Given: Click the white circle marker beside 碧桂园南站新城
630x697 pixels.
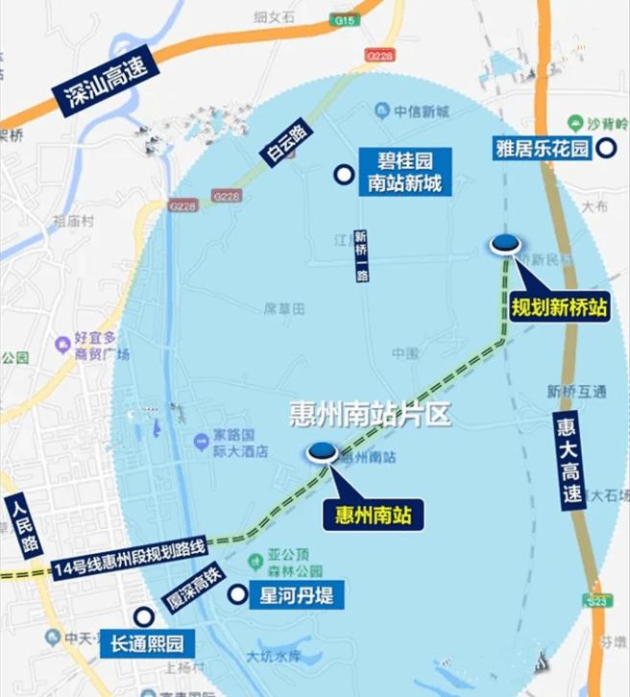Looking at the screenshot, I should click(x=341, y=174).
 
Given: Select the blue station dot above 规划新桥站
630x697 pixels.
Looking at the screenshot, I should click(x=506, y=244).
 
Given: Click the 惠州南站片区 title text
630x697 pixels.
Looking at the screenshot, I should click(x=370, y=414).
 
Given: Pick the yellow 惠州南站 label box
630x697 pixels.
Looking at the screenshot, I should click(x=373, y=515).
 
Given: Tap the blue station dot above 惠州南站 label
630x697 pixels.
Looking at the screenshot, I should click(x=322, y=450).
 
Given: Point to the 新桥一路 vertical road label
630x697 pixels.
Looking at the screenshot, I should click(x=362, y=255).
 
